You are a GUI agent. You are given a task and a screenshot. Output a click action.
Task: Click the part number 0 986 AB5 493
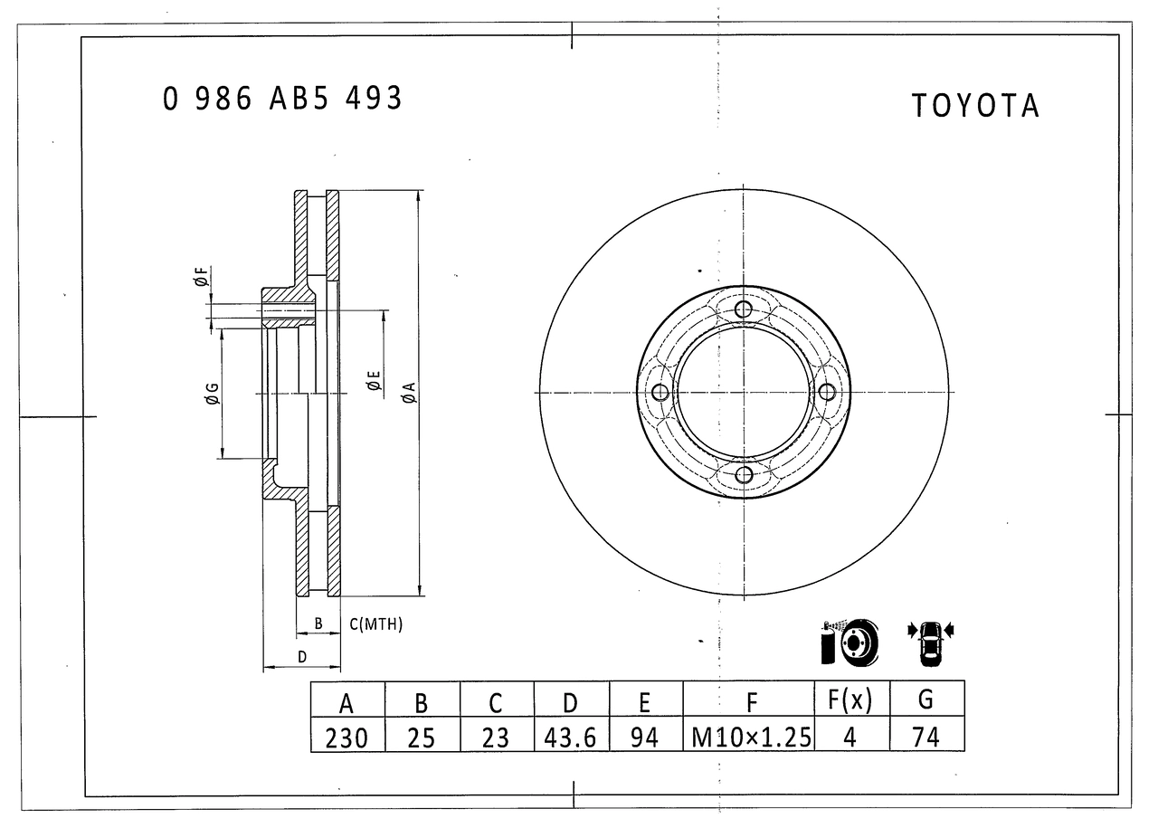pos(282,99)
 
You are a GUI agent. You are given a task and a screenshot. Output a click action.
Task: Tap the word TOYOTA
pos(975,106)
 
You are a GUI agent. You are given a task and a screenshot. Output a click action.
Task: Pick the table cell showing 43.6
pos(571,738)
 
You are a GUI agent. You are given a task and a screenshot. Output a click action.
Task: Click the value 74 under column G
pos(925,738)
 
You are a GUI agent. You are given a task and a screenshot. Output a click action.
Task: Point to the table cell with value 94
pos(645,738)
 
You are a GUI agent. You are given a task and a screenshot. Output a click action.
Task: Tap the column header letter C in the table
pos(496,703)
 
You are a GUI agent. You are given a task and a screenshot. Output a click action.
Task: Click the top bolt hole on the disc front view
pos(744,309)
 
